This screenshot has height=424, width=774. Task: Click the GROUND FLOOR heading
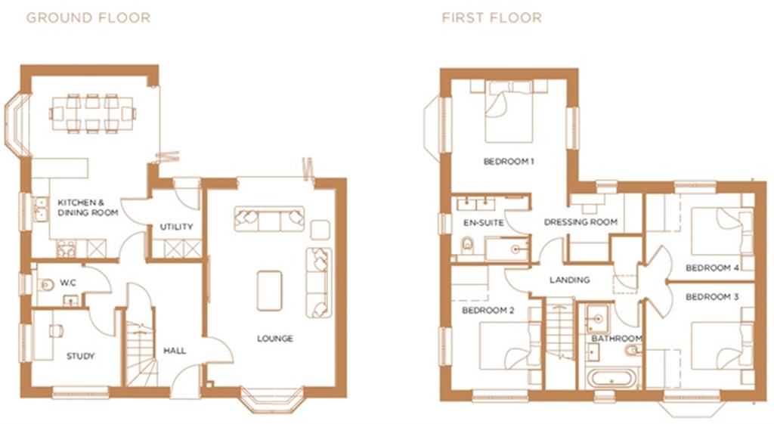[88, 17]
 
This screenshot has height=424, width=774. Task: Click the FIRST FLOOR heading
[491, 17]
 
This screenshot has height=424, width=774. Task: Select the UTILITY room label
[176, 227]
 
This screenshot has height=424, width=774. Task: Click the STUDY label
[80, 356]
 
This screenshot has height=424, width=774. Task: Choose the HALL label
[175, 351]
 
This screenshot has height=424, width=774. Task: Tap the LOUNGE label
[275, 339]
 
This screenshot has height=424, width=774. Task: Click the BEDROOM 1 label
[509, 162]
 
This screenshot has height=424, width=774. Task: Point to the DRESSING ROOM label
[580, 222]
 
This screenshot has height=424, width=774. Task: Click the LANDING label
[569, 280]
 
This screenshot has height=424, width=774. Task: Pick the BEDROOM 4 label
[712, 268]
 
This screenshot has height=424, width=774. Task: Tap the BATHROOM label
[617, 339]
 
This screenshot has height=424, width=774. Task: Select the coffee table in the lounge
[269, 291]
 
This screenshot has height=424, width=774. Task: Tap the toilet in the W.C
[47, 286]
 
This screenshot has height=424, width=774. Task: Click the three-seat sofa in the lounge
[270, 218]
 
